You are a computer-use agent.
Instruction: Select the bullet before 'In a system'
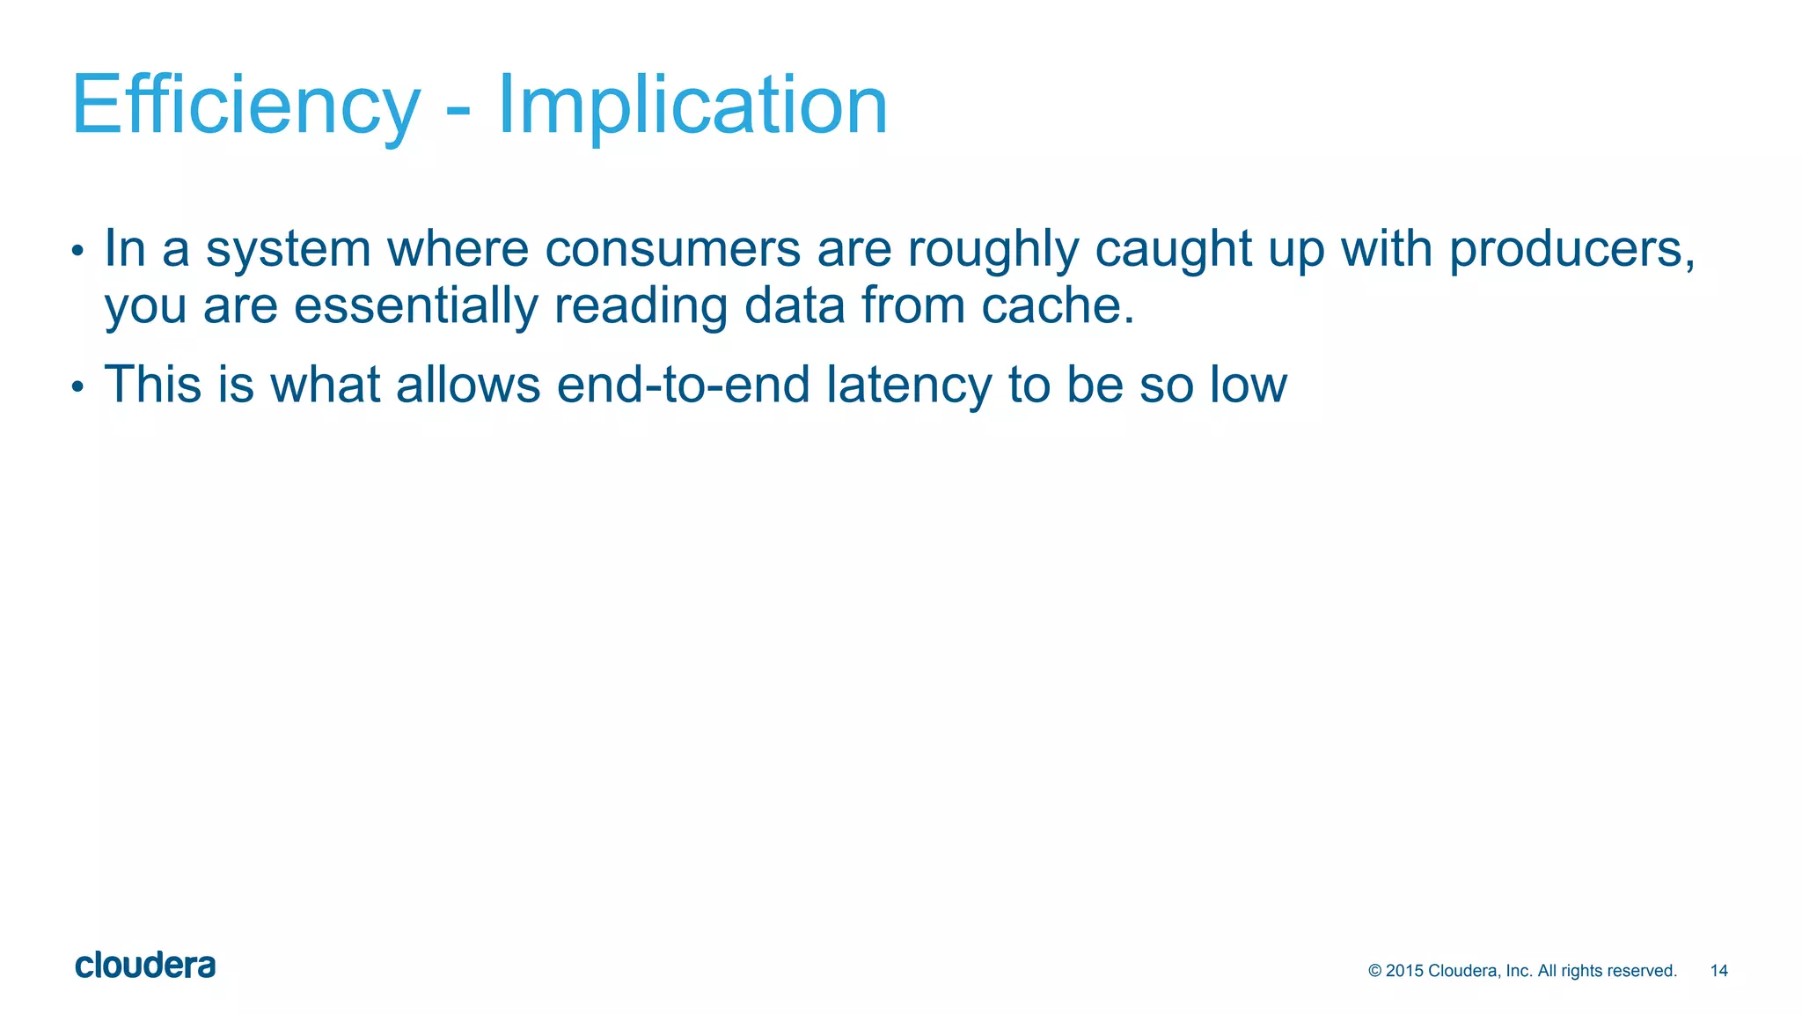tap(77, 251)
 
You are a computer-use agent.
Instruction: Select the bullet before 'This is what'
tap(77, 386)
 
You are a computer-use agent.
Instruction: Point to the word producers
tap(1571, 249)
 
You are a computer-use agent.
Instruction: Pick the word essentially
tap(415, 306)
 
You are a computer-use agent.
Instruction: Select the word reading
tap(641, 306)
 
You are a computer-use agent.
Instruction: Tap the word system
tap(289, 249)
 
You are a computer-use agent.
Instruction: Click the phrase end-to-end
tap(683, 386)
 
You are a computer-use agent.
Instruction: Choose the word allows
tap(468, 386)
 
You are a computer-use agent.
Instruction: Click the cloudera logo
tap(145, 966)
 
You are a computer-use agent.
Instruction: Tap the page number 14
tap(1718, 971)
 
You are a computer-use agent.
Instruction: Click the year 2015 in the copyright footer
tap(1404, 971)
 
